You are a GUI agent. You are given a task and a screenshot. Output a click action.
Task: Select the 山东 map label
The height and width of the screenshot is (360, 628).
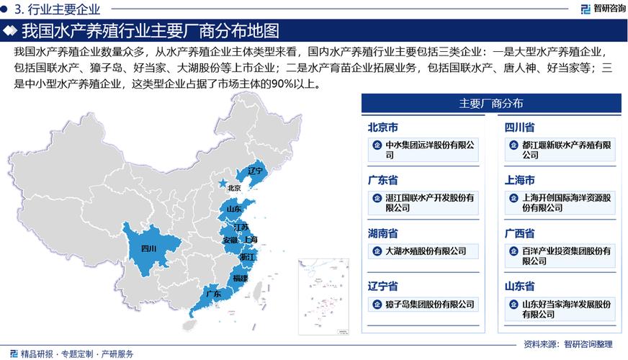tap(233, 209)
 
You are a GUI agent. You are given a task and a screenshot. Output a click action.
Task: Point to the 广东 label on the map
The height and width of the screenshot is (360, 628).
tap(213, 294)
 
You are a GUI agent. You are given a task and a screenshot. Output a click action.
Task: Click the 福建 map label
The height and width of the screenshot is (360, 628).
tap(240, 277)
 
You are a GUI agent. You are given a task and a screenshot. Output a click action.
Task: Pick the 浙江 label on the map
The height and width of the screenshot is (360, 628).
tap(247, 256)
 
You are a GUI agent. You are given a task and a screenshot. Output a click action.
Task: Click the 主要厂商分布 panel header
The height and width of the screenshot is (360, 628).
tap(491, 103)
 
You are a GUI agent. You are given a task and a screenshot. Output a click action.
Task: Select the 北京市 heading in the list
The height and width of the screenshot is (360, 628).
tap(383, 127)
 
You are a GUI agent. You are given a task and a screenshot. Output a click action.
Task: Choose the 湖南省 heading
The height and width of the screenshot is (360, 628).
tap(383, 233)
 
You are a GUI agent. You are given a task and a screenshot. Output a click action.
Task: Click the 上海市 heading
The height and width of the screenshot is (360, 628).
tap(519, 180)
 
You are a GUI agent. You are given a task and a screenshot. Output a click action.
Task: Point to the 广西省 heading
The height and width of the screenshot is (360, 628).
tap(519, 233)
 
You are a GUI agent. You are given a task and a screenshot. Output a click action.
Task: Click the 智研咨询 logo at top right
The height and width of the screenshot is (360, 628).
tap(601, 9)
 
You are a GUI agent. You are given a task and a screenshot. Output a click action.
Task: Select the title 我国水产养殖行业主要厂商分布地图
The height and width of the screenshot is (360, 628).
tap(150, 31)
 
